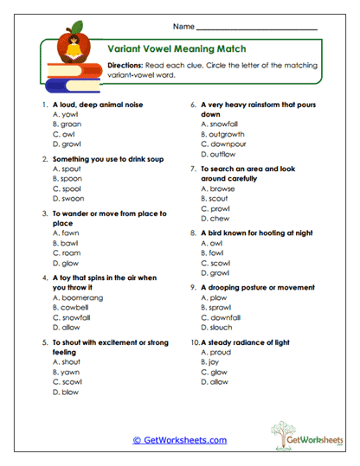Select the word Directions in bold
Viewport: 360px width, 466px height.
point(127,66)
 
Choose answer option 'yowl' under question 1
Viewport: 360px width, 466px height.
point(65,114)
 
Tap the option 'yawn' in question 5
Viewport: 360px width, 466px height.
point(67,371)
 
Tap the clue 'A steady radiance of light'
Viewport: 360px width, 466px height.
point(241,342)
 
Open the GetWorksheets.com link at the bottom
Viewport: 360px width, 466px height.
point(180,440)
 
